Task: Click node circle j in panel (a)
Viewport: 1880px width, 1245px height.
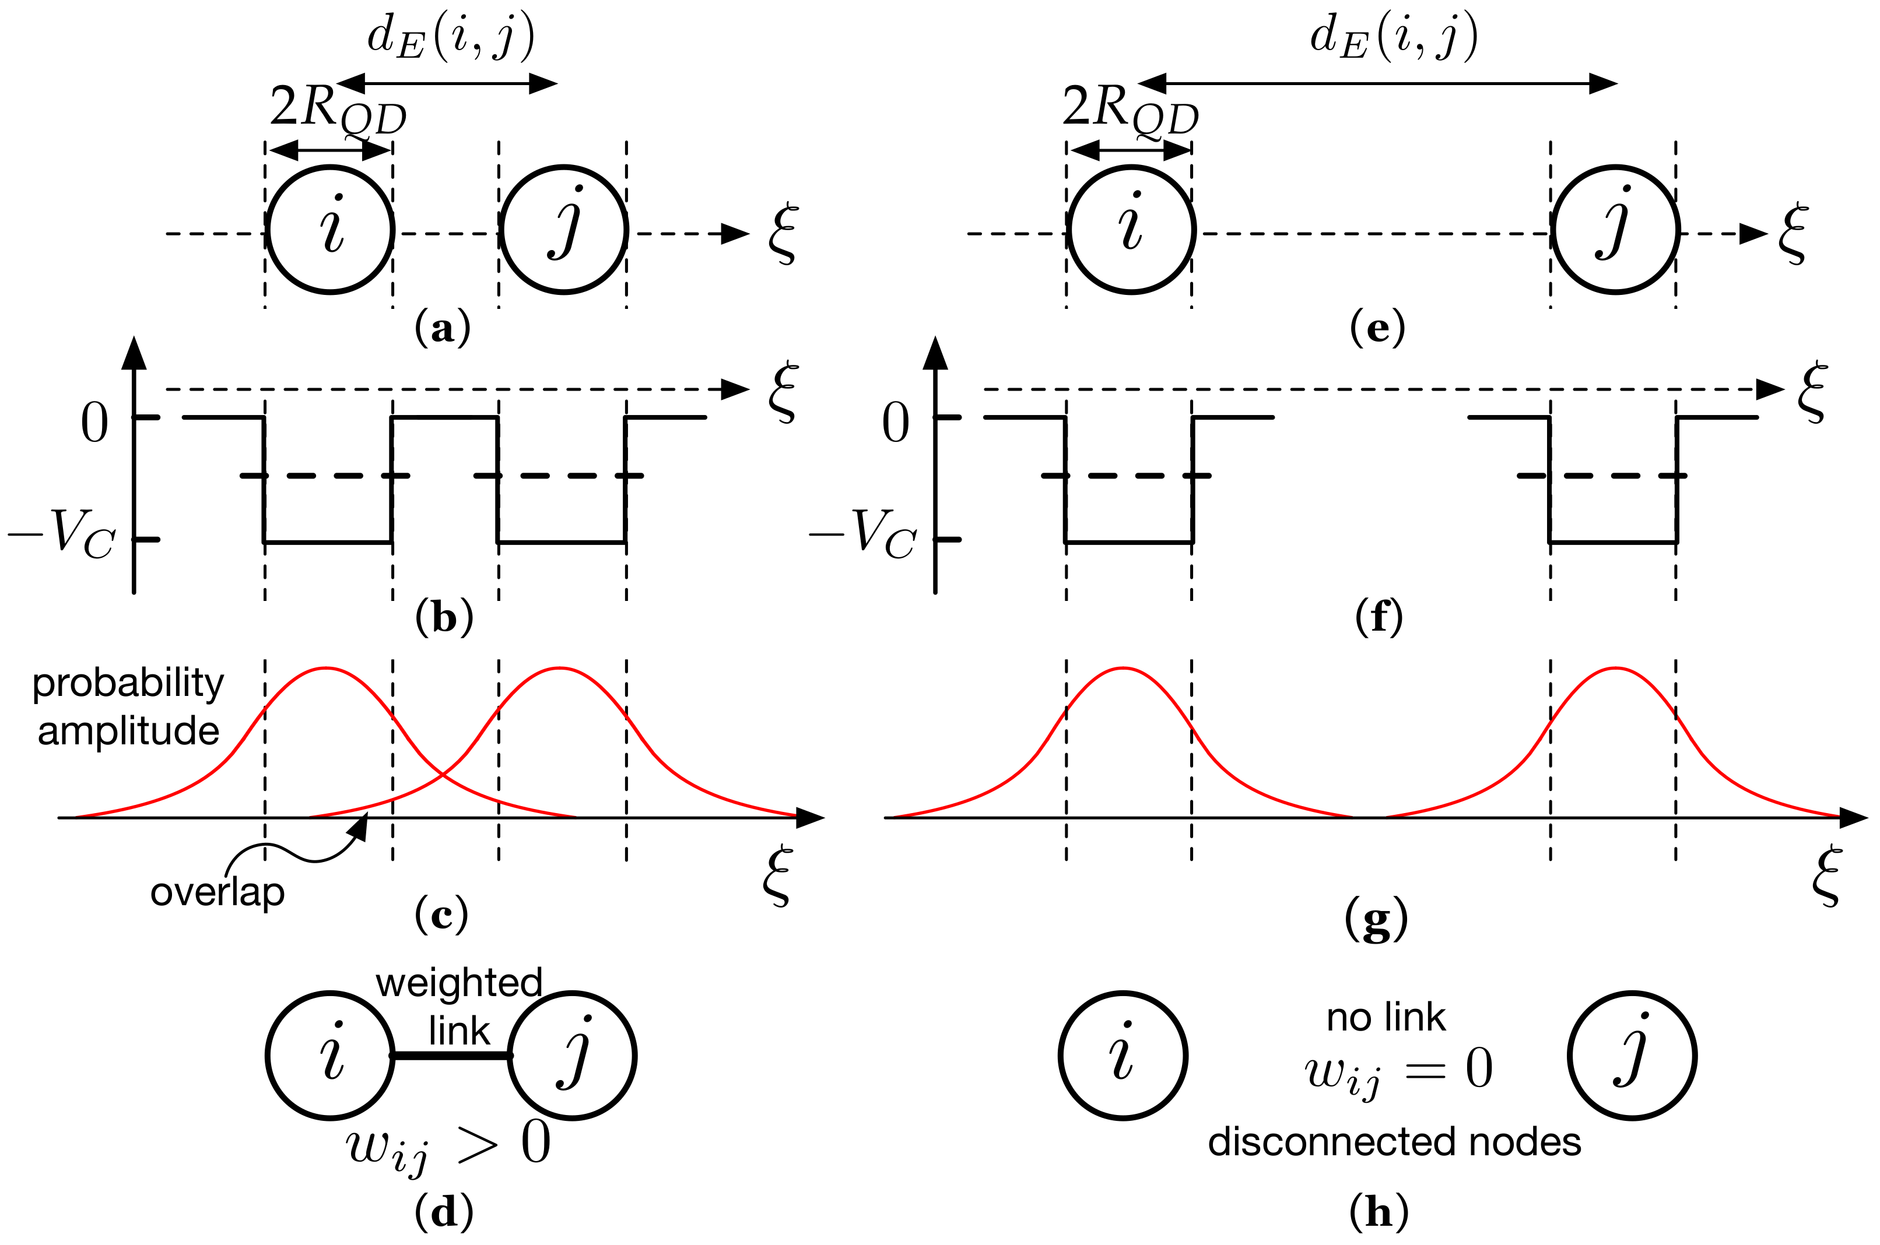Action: [x=563, y=230]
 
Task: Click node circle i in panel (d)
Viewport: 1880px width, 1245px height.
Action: [x=331, y=1055]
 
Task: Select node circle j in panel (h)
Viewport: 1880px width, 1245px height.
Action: [x=1632, y=1055]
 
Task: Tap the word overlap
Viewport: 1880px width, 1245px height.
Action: [x=217, y=892]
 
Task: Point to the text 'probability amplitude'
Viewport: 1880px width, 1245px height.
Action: [x=128, y=706]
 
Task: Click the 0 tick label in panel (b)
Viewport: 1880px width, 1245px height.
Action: [x=94, y=423]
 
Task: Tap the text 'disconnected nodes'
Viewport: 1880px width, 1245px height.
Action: [x=1394, y=1142]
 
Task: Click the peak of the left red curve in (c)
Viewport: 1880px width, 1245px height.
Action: [x=327, y=669]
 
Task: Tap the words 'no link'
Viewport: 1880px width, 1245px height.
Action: [x=1386, y=1017]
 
